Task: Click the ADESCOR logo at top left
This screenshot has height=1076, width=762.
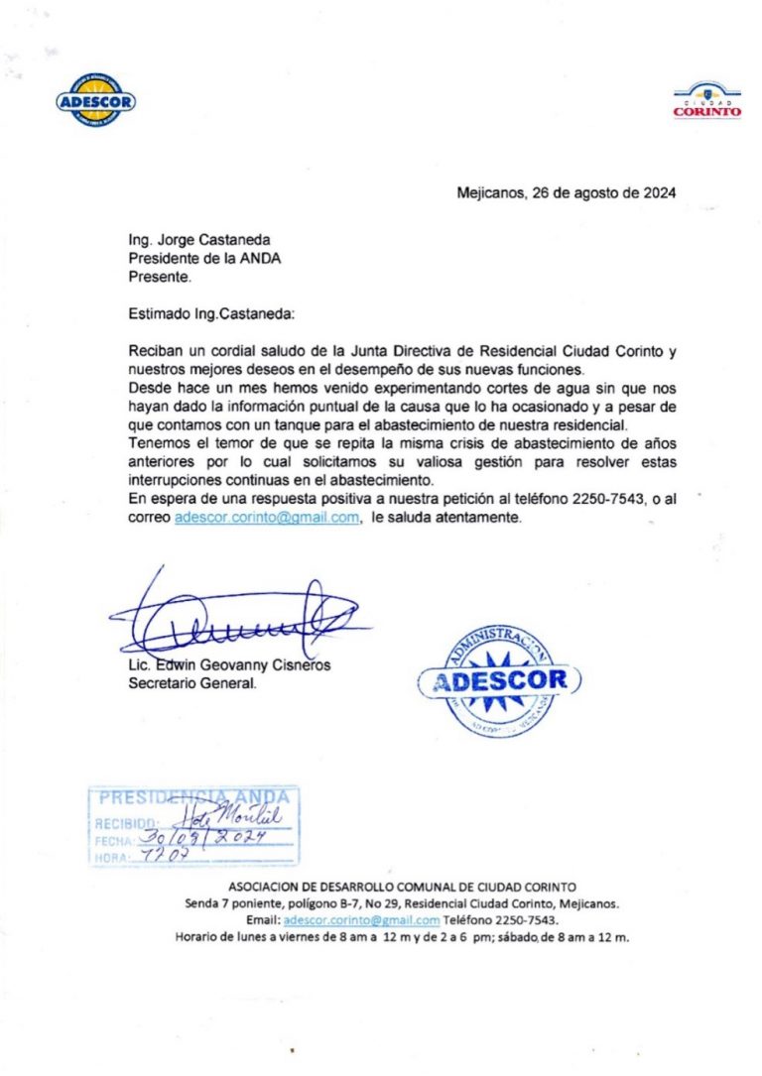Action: [x=96, y=100]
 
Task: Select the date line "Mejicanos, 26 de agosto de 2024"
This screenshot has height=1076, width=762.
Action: [x=567, y=193]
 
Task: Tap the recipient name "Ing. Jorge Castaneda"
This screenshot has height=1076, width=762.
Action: [x=199, y=240]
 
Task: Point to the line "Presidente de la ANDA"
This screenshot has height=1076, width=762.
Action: [x=204, y=259]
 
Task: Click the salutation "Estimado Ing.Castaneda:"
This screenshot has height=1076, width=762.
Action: [x=212, y=314]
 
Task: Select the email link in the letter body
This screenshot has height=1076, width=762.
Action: [x=266, y=518]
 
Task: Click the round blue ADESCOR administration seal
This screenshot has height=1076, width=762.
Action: [x=500, y=680]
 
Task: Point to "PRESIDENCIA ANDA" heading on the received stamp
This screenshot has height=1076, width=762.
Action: [x=194, y=797]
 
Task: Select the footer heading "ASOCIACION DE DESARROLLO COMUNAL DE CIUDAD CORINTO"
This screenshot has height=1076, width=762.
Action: [x=402, y=887]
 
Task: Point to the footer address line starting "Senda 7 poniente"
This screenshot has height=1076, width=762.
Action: [x=402, y=903]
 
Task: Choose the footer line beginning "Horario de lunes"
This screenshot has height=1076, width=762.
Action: [x=402, y=936]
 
